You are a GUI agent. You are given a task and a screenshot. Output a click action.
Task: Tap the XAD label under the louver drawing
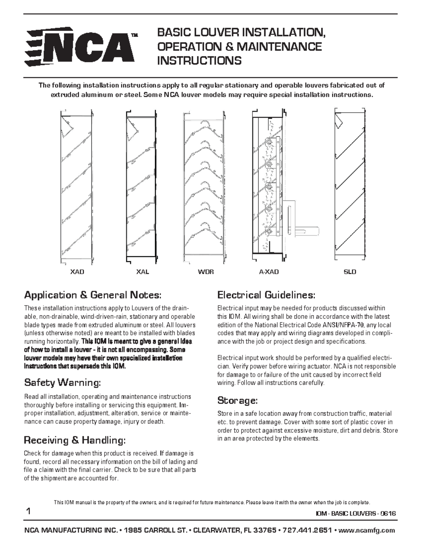(x=77, y=272)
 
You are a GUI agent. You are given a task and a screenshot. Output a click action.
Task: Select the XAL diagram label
(x=143, y=272)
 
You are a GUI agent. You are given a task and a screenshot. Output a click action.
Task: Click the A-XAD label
(x=269, y=272)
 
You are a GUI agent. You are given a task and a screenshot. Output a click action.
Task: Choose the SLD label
(x=350, y=272)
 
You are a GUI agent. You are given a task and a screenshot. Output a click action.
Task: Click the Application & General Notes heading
(x=93, y=294)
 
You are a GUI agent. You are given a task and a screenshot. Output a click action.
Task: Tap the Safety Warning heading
(x=63, y=382)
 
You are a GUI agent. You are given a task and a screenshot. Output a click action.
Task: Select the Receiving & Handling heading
(x=74, y=440)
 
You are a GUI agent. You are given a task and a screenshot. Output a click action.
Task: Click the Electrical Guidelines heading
(x=266, y=294)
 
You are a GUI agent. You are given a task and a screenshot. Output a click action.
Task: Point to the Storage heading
(x=238, y=400)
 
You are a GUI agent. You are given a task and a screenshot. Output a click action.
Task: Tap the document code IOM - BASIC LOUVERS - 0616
(x=356, y=514)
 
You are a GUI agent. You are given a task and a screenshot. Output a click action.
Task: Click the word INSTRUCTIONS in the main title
(x=199, y=61)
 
